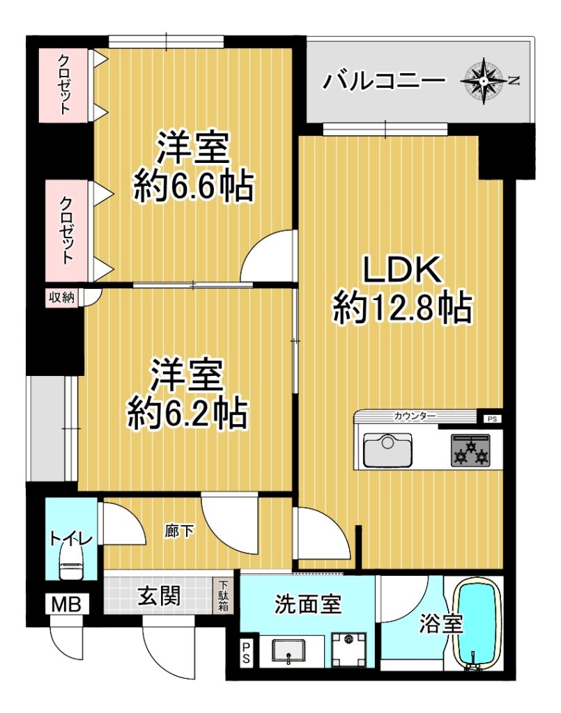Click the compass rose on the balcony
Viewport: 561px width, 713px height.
point(483,81)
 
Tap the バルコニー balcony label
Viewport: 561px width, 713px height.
point(383,81)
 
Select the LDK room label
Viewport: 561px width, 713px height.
point(401,269)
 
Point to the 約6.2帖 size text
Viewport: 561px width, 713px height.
point(187,414)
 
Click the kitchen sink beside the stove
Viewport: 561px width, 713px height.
point(387,450)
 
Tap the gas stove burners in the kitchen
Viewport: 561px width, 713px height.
point(471,450)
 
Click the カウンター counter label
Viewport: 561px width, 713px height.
point(414,416)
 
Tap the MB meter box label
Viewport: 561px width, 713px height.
point(66,604)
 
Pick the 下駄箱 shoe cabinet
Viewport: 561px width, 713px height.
point(223,596)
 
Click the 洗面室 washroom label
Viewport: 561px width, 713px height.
point(307,605)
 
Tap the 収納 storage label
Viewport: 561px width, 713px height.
point(61,298)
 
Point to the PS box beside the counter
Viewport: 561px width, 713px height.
point(492,419)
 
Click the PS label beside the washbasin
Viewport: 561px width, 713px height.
point(246,652)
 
